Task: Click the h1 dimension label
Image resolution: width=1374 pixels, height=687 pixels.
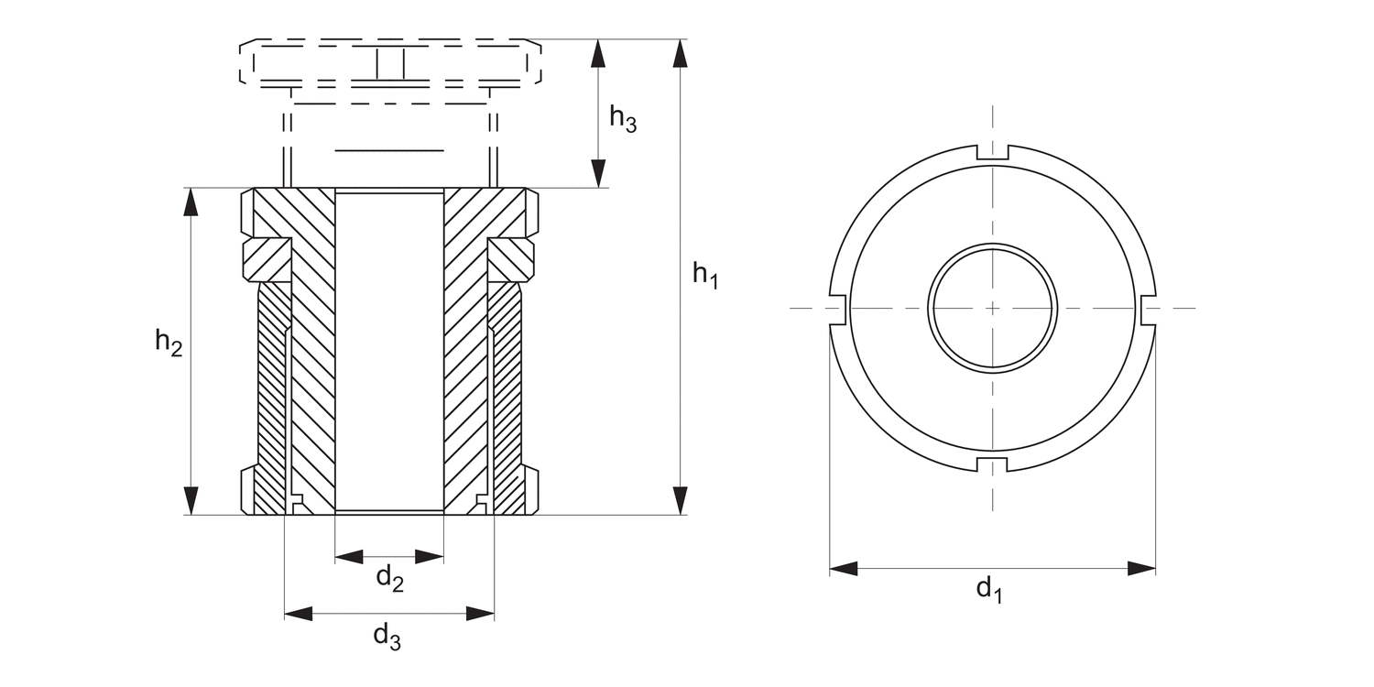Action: (704, 275)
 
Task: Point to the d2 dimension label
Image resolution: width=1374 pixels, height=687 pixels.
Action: (390, 578)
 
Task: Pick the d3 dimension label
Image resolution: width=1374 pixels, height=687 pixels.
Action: (387, 637)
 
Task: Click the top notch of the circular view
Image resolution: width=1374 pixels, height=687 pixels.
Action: (993, 152)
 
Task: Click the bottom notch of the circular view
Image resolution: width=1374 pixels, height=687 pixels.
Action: (993, 464)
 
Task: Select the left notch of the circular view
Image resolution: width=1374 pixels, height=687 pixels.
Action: (836, 309)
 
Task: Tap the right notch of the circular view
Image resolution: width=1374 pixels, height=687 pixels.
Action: (1150, 309)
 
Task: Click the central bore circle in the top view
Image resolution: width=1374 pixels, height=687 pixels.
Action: (993, 308)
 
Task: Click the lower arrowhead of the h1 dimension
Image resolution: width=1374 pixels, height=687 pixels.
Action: (680, 500)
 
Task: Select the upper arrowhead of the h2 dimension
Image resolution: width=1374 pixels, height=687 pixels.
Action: (191, 202)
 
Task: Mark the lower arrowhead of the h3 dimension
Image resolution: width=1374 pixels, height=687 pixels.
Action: (598, 173)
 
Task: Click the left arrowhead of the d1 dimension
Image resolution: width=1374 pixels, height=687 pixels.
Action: (844, 569)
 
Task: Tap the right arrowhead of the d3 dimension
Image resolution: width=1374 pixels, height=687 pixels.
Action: (480, 614)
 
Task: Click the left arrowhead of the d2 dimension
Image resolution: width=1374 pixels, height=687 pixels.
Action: (349, 557)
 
